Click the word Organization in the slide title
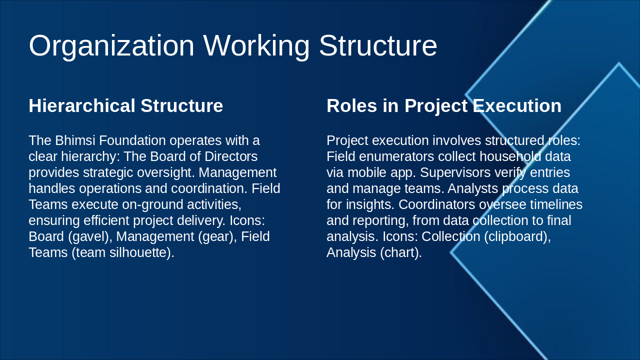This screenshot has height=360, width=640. (x=111, y=46)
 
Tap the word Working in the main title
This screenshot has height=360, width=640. (x=256, y=46)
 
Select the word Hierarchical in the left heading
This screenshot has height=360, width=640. (x=82, y=106)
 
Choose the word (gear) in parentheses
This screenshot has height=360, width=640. (x=217, y=236)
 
